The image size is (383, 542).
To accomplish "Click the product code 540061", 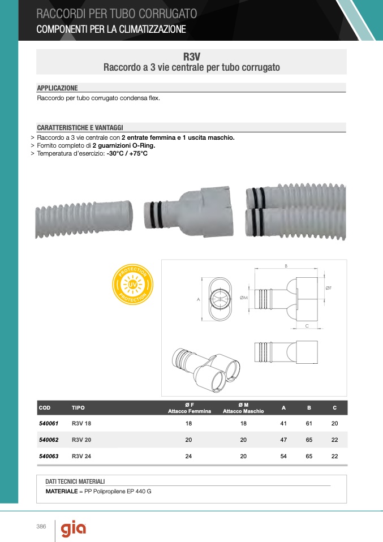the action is point(49,423).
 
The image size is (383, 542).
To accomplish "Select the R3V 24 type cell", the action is point(81,456).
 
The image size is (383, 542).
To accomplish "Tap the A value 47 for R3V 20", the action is point(283,440).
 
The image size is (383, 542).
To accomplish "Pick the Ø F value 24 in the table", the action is point(188,456).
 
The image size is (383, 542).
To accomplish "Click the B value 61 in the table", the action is point(309,423).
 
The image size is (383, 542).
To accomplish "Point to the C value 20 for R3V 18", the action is point(334,423).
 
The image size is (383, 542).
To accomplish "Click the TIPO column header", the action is point(78,408).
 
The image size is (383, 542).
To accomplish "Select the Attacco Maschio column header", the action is point(243,411).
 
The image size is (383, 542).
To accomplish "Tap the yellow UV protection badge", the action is point(133,285).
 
